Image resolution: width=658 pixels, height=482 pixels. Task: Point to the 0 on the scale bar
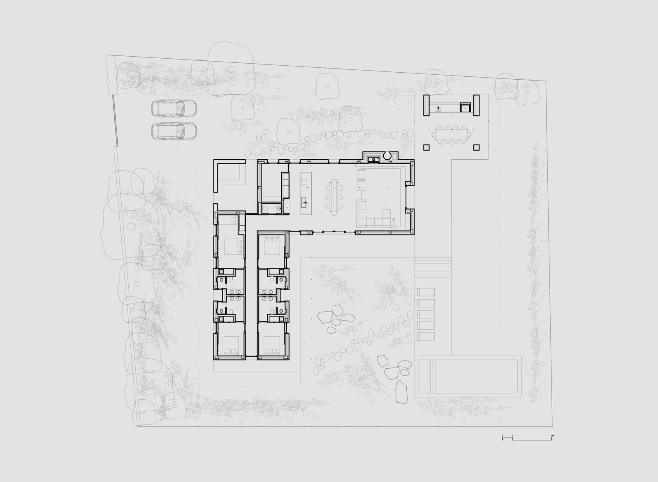[502, 435]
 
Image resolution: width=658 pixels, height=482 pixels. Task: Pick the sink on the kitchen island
[305, 201]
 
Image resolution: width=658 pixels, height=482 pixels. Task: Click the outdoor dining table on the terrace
[452, 133]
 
